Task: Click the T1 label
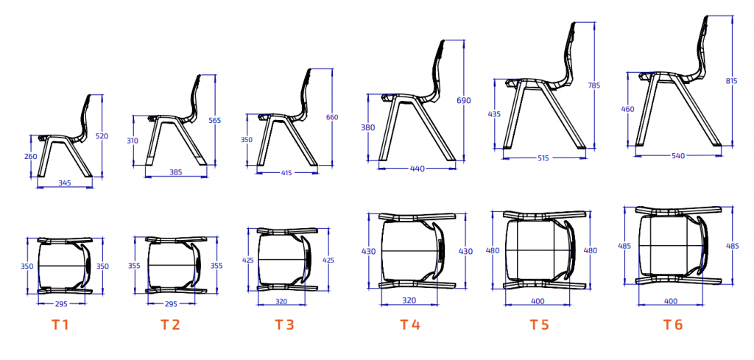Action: (x=60, y=325)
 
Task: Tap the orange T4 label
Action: (x=410, y=325)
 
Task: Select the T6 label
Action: (x=673, y=325)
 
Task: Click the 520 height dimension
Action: (x=102, y=136)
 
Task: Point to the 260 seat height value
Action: (x=31, y=156)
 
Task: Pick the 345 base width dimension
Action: (x=65, y=183)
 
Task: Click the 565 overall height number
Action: (x=215, y=121)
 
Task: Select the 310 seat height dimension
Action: (x=133, y=141)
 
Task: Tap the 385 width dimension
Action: (x=176, y=172)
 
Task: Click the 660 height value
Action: (x=332, y=117)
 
